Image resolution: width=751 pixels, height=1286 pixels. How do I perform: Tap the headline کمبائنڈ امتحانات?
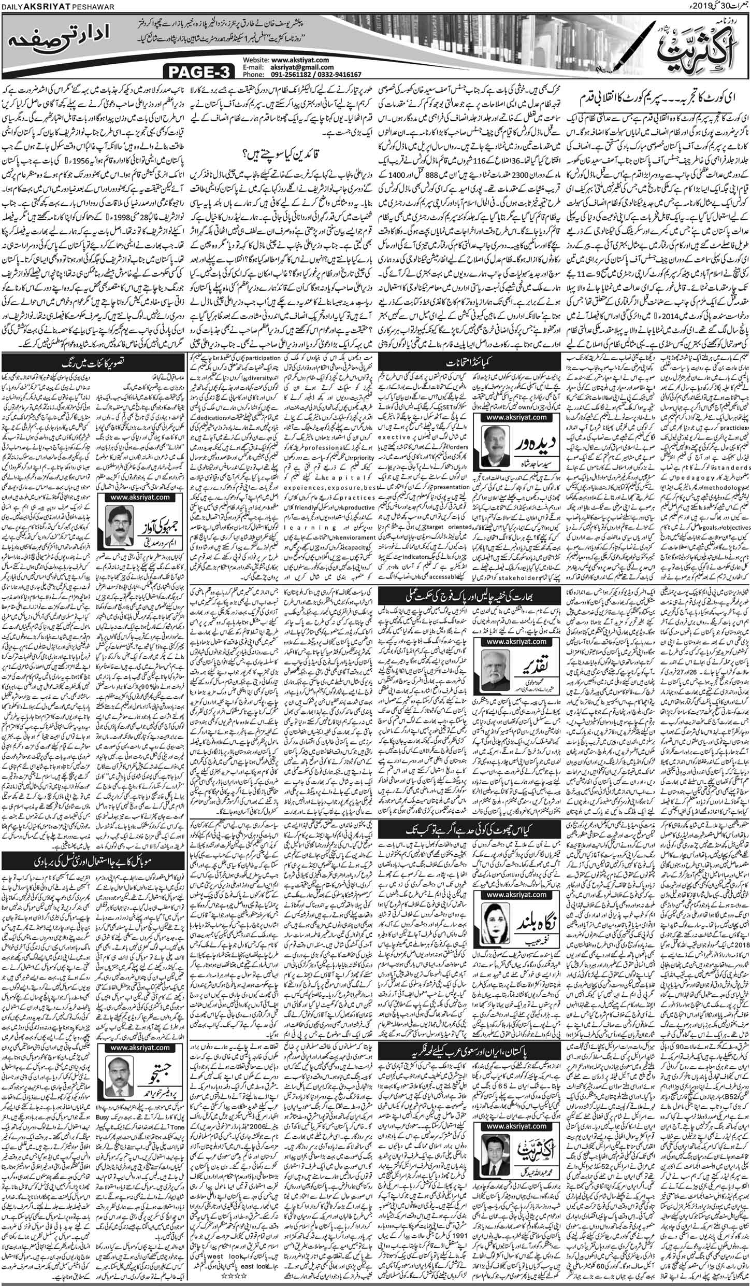pyautogui.click(x=469, y=358)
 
